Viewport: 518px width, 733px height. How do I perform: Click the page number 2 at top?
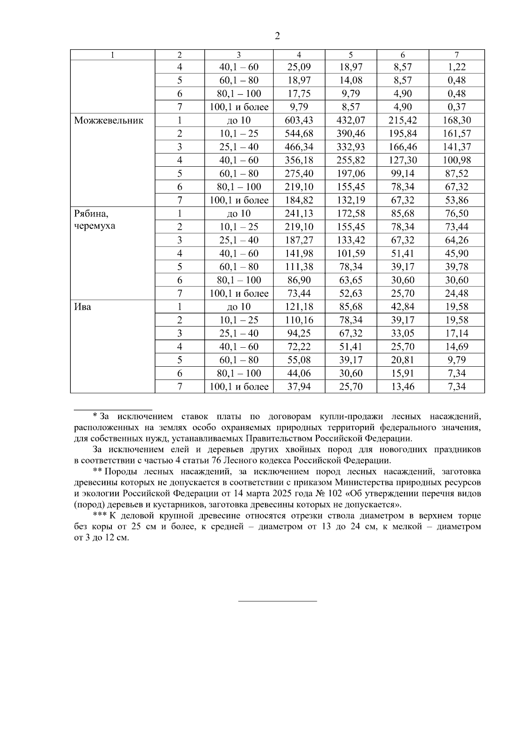(x=277, y=36)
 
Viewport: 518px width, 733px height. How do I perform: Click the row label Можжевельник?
(x=108, y=121)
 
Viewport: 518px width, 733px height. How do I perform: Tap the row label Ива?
(x=82, y=307)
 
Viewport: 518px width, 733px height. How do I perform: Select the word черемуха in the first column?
(x=95, y=226)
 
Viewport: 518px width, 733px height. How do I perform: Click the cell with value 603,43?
(x=299, y=121)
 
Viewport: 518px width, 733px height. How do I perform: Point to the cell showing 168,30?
(x=457, y=121)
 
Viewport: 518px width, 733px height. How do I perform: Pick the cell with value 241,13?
(x=299, y=214)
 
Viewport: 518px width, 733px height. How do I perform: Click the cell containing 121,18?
(x=299, y=307)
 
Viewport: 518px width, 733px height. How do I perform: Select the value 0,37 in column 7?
(x=457, y=107)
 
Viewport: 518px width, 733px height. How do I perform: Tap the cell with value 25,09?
(x=299, y=67)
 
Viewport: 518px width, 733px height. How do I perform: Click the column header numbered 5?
(x=351, y=55)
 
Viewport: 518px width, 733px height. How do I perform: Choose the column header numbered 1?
(x=113, y=55)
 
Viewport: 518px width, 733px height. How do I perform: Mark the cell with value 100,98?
(x=457, y=160)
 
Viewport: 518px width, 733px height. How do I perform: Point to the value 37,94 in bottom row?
(x=299, y=387)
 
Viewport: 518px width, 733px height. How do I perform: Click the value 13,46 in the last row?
(x=402, y=387)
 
